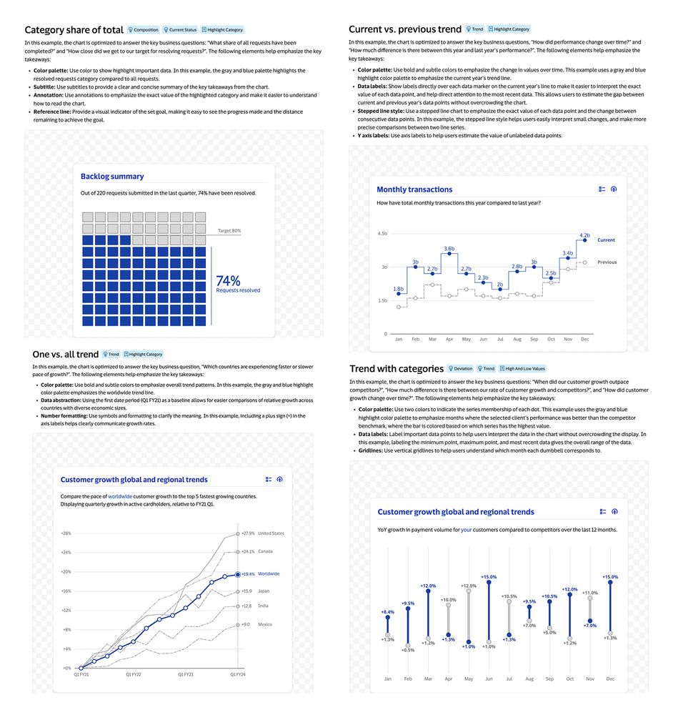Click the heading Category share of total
tap(74, 30)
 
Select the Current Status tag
tap(180, 30)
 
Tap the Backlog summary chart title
tap(112, 176)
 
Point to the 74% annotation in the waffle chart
tap(229, 280)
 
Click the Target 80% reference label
tap(229, 231)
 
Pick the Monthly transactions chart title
tap(414, 189)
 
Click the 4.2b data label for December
tap(584, 235)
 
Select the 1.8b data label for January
tap(399, 289)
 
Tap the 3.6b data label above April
tap(449, 249)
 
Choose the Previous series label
tap(607, 262)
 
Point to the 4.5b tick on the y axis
tap(382, 234)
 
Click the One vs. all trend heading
tap(65, 354)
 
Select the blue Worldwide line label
tap(269, 574)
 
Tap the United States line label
tap(271, 533)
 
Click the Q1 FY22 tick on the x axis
tap(134, 674)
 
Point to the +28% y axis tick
tap(66, 533)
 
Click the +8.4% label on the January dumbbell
tap(387, 612)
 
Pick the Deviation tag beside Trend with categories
tap(460, 369)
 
